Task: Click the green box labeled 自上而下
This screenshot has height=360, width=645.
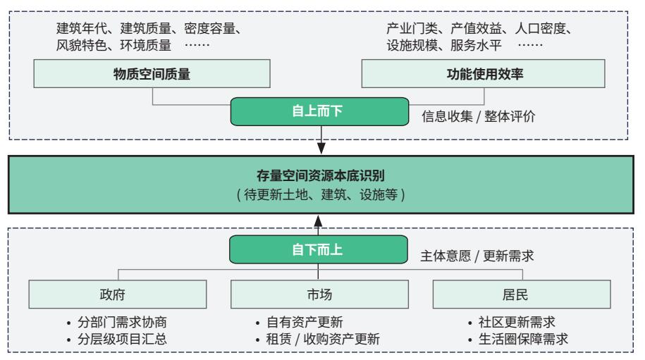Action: pos(319,111)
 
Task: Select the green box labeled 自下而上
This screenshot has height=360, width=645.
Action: pos(319,249)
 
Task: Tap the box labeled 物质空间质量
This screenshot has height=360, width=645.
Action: pos(152,73)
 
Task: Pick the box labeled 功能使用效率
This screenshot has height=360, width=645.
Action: pos(483,73)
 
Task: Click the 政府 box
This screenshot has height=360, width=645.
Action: pos(118,294)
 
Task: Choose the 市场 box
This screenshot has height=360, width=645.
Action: pos(319,294)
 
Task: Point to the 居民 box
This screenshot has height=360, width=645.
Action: pos(522,294)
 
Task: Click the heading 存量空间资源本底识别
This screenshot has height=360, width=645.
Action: pos(321,176)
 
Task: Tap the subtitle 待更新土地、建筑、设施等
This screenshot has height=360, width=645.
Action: pos(321,194)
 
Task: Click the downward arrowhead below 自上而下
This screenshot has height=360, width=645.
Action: pos(321,148)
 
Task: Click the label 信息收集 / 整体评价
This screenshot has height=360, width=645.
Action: pos(479,116)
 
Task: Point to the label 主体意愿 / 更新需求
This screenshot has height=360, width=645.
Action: pos(477,256)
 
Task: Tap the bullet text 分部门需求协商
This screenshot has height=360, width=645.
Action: pos(122,322)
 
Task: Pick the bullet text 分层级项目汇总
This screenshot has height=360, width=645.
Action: pos(122,339)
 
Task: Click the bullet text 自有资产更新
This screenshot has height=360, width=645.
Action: pos(305,322)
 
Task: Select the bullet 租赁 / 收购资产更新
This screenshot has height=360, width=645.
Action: pos(323,339)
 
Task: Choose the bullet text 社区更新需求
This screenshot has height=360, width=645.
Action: pos(517,322)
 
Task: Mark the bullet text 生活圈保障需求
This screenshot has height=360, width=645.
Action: pos(523,339)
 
